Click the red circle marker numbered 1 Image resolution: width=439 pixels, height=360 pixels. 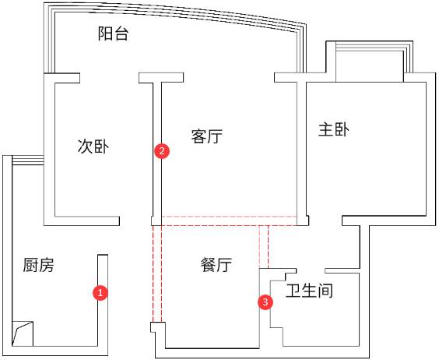coord(100,293)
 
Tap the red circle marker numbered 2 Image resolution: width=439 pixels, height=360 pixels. coord(162,151)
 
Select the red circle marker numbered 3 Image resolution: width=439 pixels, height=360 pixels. coord(265,302)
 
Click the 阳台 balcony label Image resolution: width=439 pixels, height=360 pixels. coord(113,34)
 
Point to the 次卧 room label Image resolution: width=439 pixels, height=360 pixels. coord(93,146)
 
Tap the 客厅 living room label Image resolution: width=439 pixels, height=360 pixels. coord(207,136)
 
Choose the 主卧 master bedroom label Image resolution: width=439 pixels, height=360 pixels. coord(334,129)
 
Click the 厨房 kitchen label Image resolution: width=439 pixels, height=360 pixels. coord(38,265)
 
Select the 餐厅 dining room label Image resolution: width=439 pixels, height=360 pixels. coord(216,264)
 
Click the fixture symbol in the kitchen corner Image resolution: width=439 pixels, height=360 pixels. coord(23,334)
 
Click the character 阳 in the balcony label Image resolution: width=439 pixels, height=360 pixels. coord(105,34)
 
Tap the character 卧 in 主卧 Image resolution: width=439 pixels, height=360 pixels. coord(342,129)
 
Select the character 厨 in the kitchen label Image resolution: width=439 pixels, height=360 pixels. coord(30,265)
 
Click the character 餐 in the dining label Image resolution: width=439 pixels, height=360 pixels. coord(209,264)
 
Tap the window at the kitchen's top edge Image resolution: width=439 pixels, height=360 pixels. coord(28,161)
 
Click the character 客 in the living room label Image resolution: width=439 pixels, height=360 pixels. coord(199,136)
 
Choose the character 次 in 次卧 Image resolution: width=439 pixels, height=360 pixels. coord(85,146)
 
